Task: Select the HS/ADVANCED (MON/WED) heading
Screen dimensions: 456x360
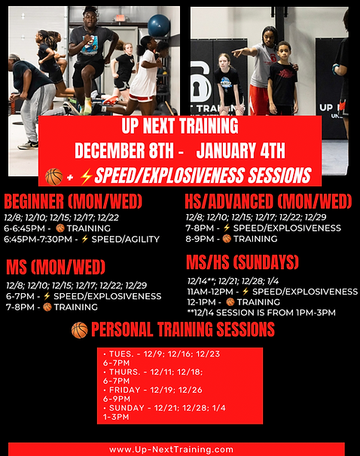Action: click(268, 201)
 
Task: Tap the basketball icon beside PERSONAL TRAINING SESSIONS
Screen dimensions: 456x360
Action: click(79, 330)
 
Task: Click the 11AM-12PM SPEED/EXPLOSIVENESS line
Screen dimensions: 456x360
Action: click(272, 291)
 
